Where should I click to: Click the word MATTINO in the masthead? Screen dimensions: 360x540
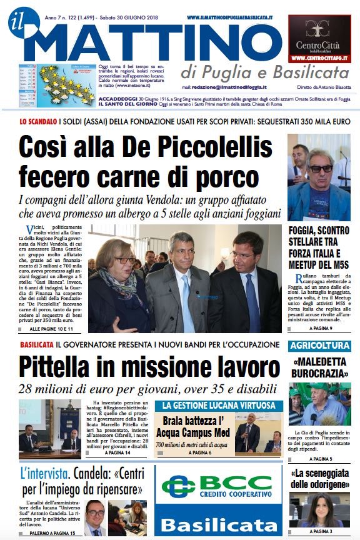tap(156, 41)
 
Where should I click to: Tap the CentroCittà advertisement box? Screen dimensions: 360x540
tap(319, 39)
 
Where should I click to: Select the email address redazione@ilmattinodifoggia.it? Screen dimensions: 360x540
tap(229, 87)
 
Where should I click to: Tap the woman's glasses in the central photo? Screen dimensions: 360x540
tap(124, 260)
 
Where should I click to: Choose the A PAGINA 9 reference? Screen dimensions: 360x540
tap(319, 328)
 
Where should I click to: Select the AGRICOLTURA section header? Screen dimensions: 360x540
tap(319, 346)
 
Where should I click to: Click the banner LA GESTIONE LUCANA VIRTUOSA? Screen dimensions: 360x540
tap(218, 406)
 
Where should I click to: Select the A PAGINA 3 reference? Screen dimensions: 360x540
tap(319, 531)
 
